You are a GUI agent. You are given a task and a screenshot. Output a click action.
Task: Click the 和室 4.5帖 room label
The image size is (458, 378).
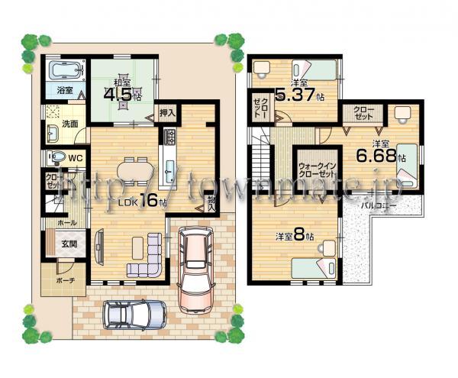click(x=122, y=92)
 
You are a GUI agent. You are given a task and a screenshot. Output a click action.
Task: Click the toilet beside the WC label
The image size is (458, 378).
click(x=54, y=158)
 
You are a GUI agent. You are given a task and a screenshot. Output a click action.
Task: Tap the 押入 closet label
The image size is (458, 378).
click(x=167, y=112)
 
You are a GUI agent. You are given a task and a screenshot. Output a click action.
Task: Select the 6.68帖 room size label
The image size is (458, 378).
click(x=382, y=155)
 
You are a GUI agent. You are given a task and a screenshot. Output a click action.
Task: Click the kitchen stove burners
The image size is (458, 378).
click(x=169, y=138)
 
